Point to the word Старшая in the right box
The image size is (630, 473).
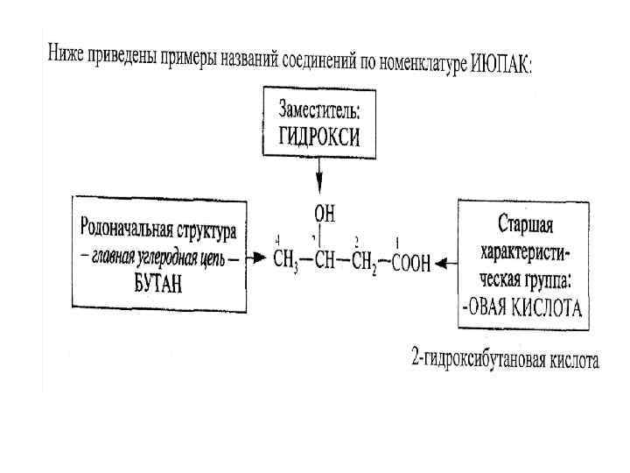tap(525, 225)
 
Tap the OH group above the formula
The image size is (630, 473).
tap(323, 213)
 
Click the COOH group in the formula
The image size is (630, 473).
tap(410, 263)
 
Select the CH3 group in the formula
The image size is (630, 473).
tap(285, 262)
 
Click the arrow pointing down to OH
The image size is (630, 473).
tap(319, 180)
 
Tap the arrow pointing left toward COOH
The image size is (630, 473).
tap(446, 261)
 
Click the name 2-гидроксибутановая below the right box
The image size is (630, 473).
tap(473, 360)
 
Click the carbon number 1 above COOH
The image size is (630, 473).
tap(397, 242)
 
